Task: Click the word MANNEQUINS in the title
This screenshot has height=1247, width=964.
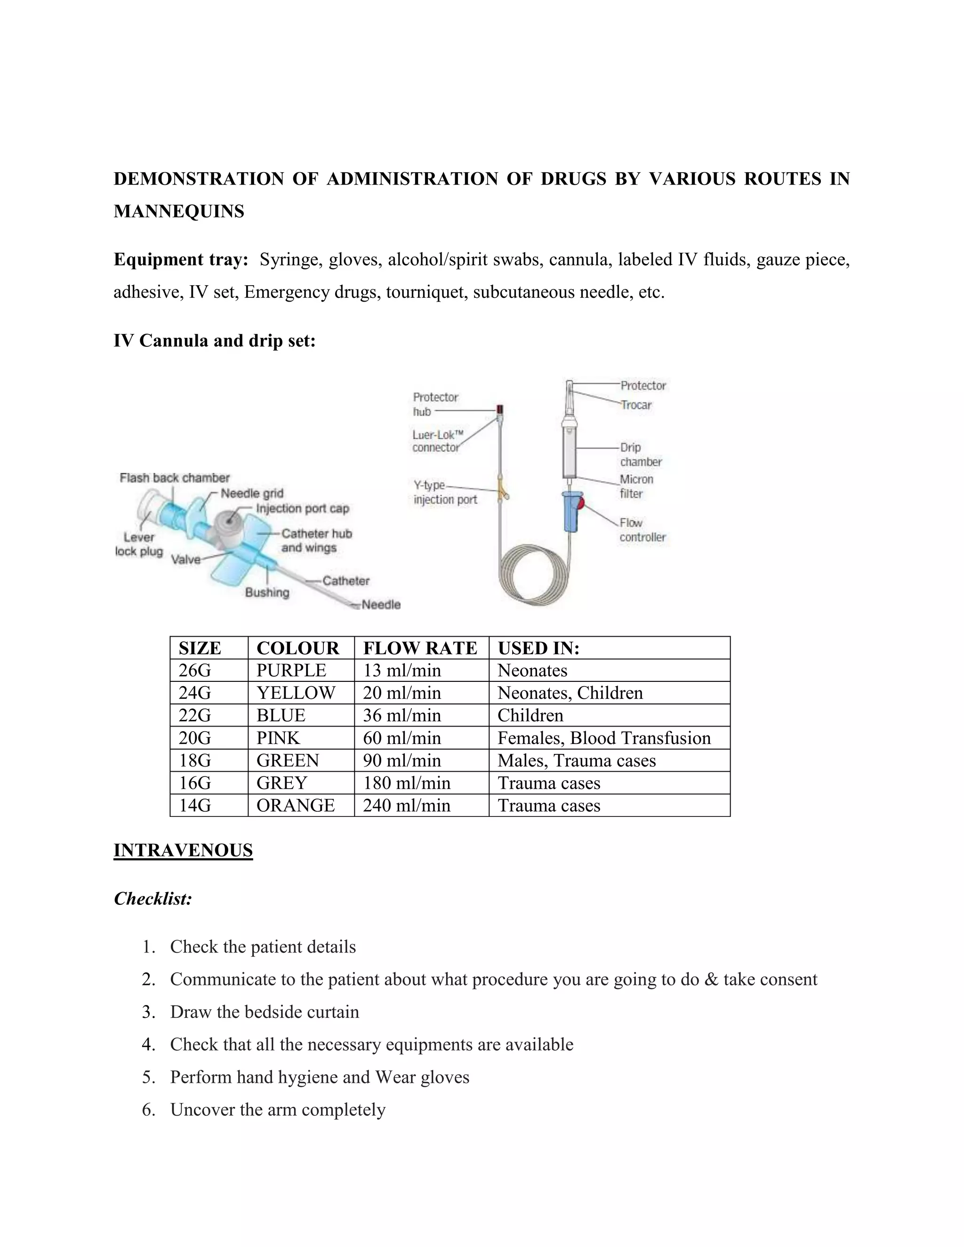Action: (x=179, y=211)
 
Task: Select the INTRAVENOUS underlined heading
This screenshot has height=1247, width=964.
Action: (x=183, y=850)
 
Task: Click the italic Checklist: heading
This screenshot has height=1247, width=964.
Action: (x=153, y=899)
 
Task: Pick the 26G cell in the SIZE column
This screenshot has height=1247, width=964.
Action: (x=195, y=670)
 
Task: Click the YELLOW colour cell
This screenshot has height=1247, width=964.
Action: (x=295, y=693)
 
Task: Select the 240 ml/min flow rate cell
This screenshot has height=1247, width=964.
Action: (x=407, y=805)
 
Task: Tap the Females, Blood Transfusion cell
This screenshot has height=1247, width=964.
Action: (x=603, y=738)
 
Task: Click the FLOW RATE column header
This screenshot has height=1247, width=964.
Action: (x=420, y=648)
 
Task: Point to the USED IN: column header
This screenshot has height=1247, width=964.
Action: (x=538, y=648)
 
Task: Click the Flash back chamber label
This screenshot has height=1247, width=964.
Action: (x=174, y=478)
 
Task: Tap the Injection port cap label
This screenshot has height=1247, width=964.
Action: (x=302, y=508)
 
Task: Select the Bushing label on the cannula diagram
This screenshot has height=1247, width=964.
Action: (x=267, y=592)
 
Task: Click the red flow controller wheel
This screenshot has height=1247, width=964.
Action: (x=581, y=503)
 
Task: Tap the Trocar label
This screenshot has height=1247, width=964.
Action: (x=636, y=405)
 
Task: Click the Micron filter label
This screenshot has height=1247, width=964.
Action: (x=636, y=486)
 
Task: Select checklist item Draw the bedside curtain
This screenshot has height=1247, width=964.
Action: (x=265, y=1012)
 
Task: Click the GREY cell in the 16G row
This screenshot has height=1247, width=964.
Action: (x=281, y=783)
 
